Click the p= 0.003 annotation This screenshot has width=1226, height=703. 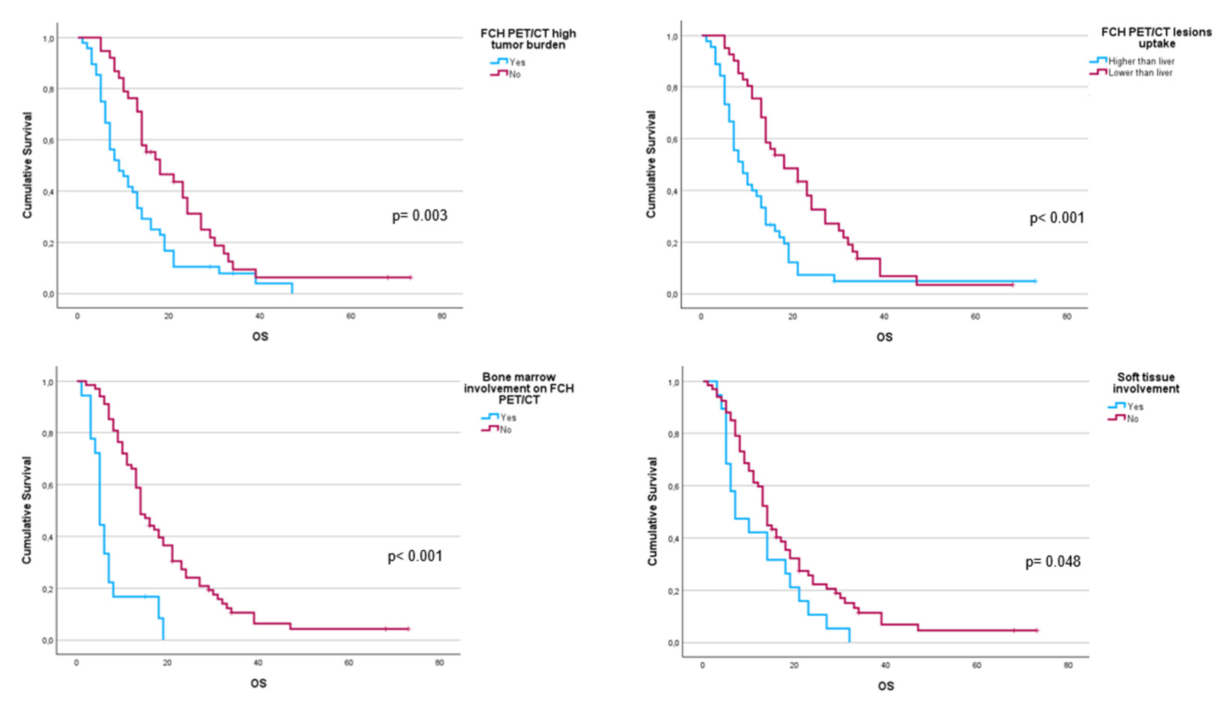419,215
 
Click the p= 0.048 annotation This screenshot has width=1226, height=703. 1053,561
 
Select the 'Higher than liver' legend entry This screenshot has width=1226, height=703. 1141,61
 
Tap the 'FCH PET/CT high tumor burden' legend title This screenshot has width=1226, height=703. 528,39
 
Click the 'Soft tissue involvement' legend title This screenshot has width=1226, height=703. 1145,383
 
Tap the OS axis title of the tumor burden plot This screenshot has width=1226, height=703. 260,336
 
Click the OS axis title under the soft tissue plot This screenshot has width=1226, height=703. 885,686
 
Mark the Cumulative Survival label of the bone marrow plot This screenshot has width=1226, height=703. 26,510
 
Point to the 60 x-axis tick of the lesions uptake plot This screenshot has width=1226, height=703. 975,317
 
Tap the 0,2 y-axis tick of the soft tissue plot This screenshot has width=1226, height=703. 673,591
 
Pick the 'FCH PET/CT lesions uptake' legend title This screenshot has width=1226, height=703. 1156,38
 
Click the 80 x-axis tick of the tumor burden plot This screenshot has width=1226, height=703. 441,316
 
